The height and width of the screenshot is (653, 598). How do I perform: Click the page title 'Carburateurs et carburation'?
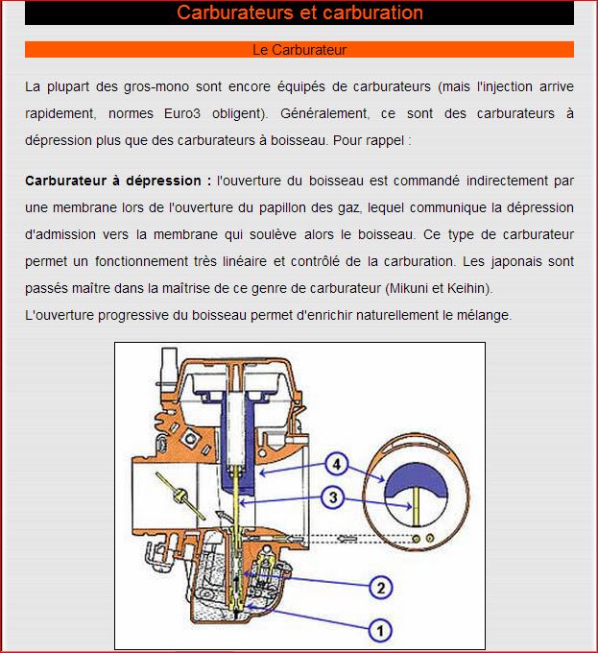(x=299, y=13)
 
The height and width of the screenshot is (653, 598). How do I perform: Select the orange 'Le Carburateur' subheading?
(x=299, y=49)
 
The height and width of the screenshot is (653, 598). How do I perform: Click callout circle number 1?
(x=380, y=630)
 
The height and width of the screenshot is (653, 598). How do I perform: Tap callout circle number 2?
(x=380, y=587)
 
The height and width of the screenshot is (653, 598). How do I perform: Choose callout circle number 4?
(x=334, y=465)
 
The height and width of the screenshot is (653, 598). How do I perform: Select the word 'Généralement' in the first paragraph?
(x=325, y=112)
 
